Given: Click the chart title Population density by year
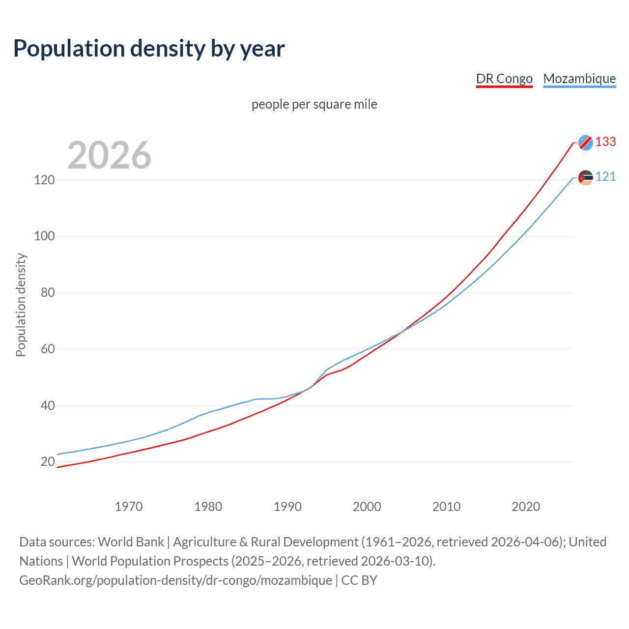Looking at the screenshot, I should [x=149, y=49].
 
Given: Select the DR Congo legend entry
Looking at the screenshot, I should [x=504, y=79].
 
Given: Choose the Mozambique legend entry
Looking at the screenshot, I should [x=579, y=79].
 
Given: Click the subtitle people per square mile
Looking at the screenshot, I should [x=314, y=104].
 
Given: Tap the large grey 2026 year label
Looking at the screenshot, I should [x=109, y=155].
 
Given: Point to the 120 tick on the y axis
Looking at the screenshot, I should [x=44, y=180].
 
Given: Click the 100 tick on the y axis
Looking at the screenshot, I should [x=44, y=236].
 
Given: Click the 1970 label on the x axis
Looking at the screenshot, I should [x=129, y=507].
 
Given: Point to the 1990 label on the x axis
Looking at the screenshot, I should [x=287, y=507].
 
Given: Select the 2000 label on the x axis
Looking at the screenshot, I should [x=367, y=507].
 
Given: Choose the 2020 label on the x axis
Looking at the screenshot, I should [x=526, y=507].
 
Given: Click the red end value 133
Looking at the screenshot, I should [x=605, y=142].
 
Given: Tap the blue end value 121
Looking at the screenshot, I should [x=605, y=177].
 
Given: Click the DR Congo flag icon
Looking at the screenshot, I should [x=585, y=143].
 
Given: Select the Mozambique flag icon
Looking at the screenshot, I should [x=585, y=177].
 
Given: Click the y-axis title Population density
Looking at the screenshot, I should [x=21, y=305].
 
